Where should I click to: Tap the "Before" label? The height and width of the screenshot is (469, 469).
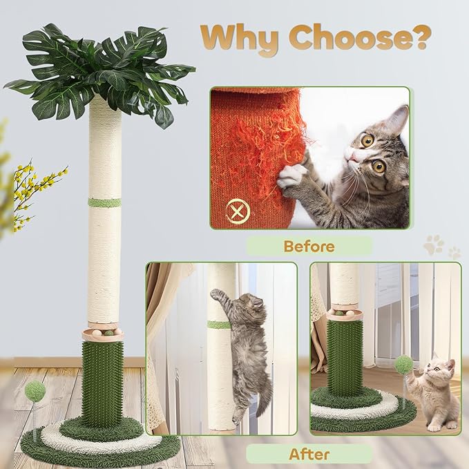point(309,245)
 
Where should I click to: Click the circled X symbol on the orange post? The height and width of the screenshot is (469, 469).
point(238,207)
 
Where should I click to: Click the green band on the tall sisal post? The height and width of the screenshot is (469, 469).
point(104,202)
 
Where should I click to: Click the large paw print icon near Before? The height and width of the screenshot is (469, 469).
point(434,244)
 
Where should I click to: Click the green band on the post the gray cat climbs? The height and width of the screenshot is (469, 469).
point(219,325)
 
